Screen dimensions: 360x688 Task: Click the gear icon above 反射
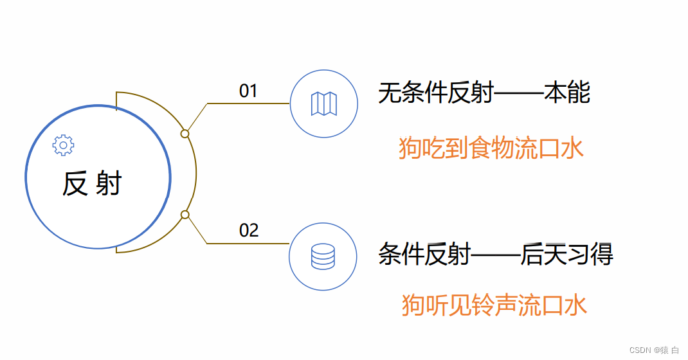[x=63, y=145]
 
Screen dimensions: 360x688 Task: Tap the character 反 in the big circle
[x=75, y=184]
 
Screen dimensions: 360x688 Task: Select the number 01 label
[x=248, y=91]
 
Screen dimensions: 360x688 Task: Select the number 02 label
[x=249, y=230]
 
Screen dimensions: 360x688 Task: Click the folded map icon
[x=324, y=104]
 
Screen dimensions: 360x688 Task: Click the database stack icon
[x=323, y=256]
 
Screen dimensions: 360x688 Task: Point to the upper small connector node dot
[x=185, y=134]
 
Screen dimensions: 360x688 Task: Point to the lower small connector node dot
[x=185, y=215]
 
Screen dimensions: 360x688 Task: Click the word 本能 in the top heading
[x=567, y=94]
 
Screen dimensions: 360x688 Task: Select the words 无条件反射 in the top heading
[x=435, y=94]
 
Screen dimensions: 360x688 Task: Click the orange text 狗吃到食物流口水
[x=491, y=148]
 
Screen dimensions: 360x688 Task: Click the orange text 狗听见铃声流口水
[x=494, y=305]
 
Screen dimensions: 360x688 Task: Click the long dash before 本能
[x=518, y=94]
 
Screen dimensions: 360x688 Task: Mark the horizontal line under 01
[x=248, y=103]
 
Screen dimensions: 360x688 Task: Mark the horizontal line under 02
[x=248, y=244]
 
